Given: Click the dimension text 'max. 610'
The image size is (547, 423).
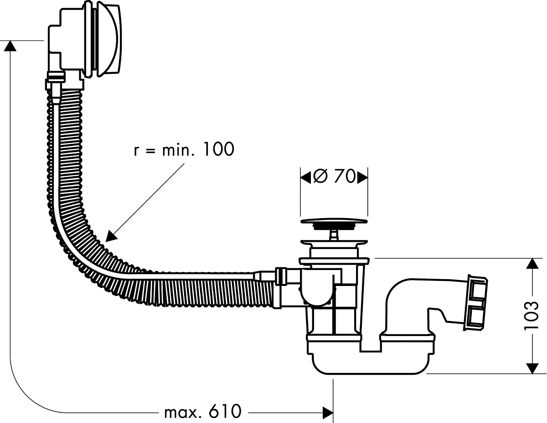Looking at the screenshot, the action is tap(203, 412).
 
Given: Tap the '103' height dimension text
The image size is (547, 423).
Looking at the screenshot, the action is tap(531, 315).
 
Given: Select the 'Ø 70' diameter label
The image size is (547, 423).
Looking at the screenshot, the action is tap(334, 176).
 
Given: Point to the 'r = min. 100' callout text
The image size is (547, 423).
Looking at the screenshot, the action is tap(184, 149).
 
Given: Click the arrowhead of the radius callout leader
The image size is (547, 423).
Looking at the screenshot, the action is tap(111, 237).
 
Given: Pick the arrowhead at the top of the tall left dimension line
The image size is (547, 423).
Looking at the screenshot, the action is tap(10, 46).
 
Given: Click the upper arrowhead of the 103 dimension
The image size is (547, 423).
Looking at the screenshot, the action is tap(532, 264).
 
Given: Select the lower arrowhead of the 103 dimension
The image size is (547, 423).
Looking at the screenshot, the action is tap(532, 368).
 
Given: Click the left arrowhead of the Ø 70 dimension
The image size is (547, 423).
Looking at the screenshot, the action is tap(305, 177).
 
